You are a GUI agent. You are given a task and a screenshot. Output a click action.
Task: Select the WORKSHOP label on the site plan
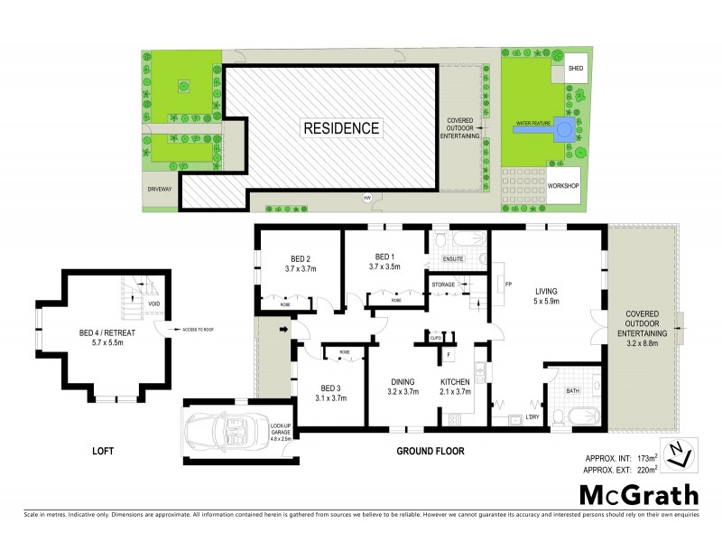click(563, 185)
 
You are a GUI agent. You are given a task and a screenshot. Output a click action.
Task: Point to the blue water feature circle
click(564, 129)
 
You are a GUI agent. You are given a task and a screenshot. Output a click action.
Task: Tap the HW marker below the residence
click(367, 198)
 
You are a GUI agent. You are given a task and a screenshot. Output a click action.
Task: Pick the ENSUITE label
click(453, 259)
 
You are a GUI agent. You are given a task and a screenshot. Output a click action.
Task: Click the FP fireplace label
click(508, 285)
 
